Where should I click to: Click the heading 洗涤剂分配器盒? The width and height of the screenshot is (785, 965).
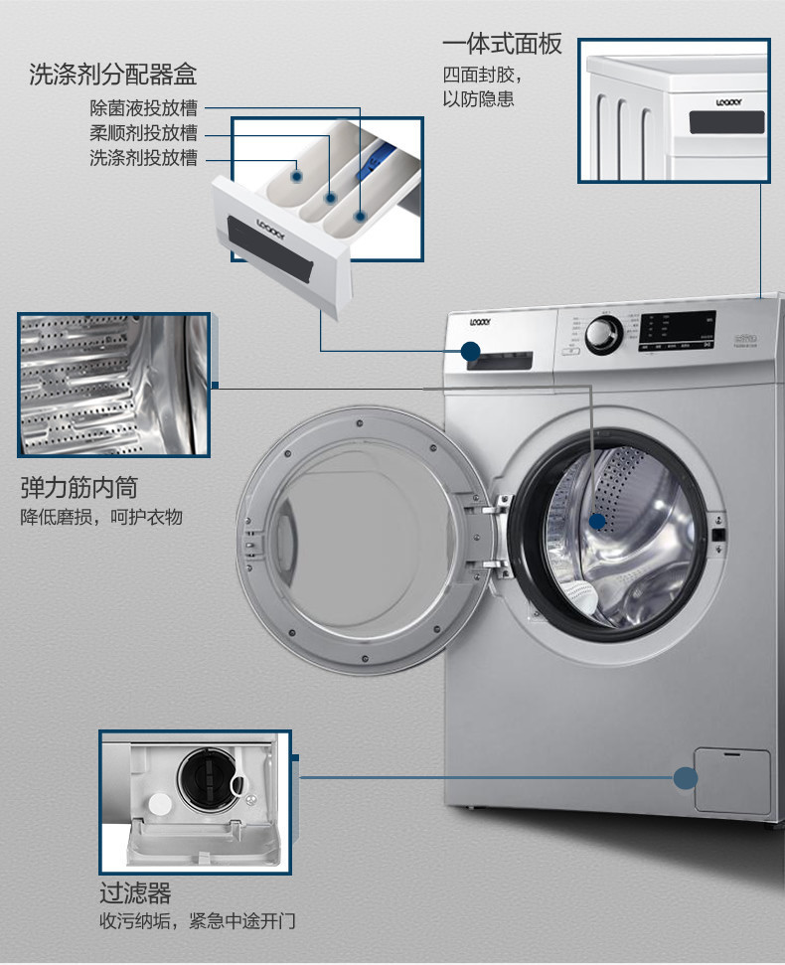click(112, 75)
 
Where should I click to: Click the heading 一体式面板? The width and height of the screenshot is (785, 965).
click(502, 44)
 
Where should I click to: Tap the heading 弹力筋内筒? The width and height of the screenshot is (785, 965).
click(78, 487)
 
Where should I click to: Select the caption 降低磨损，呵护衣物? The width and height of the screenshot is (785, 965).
click(101, 517)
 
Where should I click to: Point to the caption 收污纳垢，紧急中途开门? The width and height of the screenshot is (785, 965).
click(197, 921)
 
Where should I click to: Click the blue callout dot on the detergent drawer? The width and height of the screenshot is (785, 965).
click(470, 351)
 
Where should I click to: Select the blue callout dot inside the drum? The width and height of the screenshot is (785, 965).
click(596, 520)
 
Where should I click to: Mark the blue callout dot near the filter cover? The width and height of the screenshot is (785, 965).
click(685, 778)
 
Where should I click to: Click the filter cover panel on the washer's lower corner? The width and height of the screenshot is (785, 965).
click(732, 781)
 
